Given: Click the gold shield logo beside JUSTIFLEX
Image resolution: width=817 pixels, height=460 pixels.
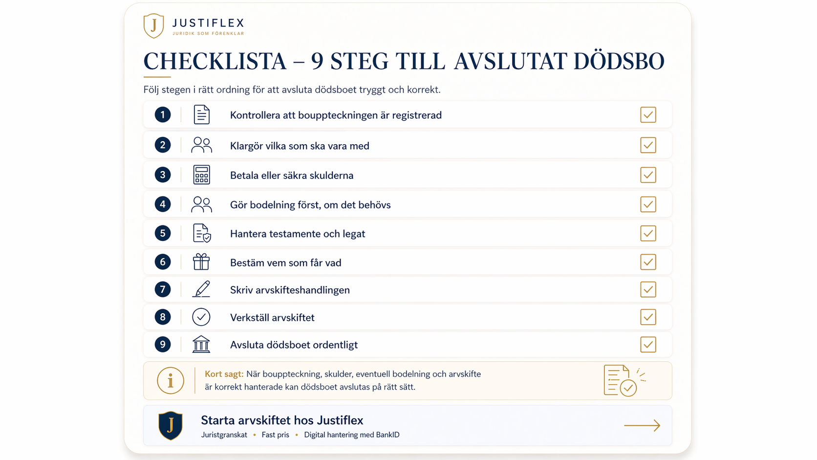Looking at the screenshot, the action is (153, 26).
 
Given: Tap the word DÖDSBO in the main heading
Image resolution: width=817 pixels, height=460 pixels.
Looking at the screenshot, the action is (619, 61).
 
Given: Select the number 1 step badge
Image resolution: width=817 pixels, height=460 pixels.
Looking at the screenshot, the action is (163, 115).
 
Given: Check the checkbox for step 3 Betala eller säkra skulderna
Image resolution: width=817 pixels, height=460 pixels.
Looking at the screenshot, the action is (648, 175).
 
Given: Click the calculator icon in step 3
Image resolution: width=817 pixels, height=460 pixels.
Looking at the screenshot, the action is (201, 175).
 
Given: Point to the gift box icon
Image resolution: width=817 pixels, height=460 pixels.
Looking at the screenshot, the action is (201, 262).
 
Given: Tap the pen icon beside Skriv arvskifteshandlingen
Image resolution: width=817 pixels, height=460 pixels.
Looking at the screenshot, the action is (201, 289).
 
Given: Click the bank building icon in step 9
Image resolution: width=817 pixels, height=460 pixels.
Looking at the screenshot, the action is (201, 344).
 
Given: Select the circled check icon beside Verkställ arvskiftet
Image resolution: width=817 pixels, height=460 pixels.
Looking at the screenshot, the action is (201, 317).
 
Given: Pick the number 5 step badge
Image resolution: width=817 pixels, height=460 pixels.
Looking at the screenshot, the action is (163, 234).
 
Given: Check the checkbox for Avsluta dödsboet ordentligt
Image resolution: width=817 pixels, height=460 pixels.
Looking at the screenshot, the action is (648, 345).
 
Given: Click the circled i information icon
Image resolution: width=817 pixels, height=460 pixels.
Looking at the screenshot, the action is (171, 381).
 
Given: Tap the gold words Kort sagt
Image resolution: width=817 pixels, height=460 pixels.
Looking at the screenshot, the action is (224, 374).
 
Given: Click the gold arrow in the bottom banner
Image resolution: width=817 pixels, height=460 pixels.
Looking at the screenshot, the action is (642, 425).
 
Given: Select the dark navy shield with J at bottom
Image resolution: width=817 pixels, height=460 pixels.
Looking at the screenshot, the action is (171, 425).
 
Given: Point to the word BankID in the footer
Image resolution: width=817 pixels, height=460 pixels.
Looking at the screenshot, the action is (387, 435).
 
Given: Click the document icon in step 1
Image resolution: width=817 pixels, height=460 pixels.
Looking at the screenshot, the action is (201, 114).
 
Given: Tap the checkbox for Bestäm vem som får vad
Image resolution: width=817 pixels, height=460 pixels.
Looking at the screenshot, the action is (648, 262).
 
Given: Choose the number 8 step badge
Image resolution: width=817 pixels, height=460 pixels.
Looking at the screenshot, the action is (163, 317).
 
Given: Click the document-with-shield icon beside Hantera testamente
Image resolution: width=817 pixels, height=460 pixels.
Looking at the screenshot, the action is (202, 233).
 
